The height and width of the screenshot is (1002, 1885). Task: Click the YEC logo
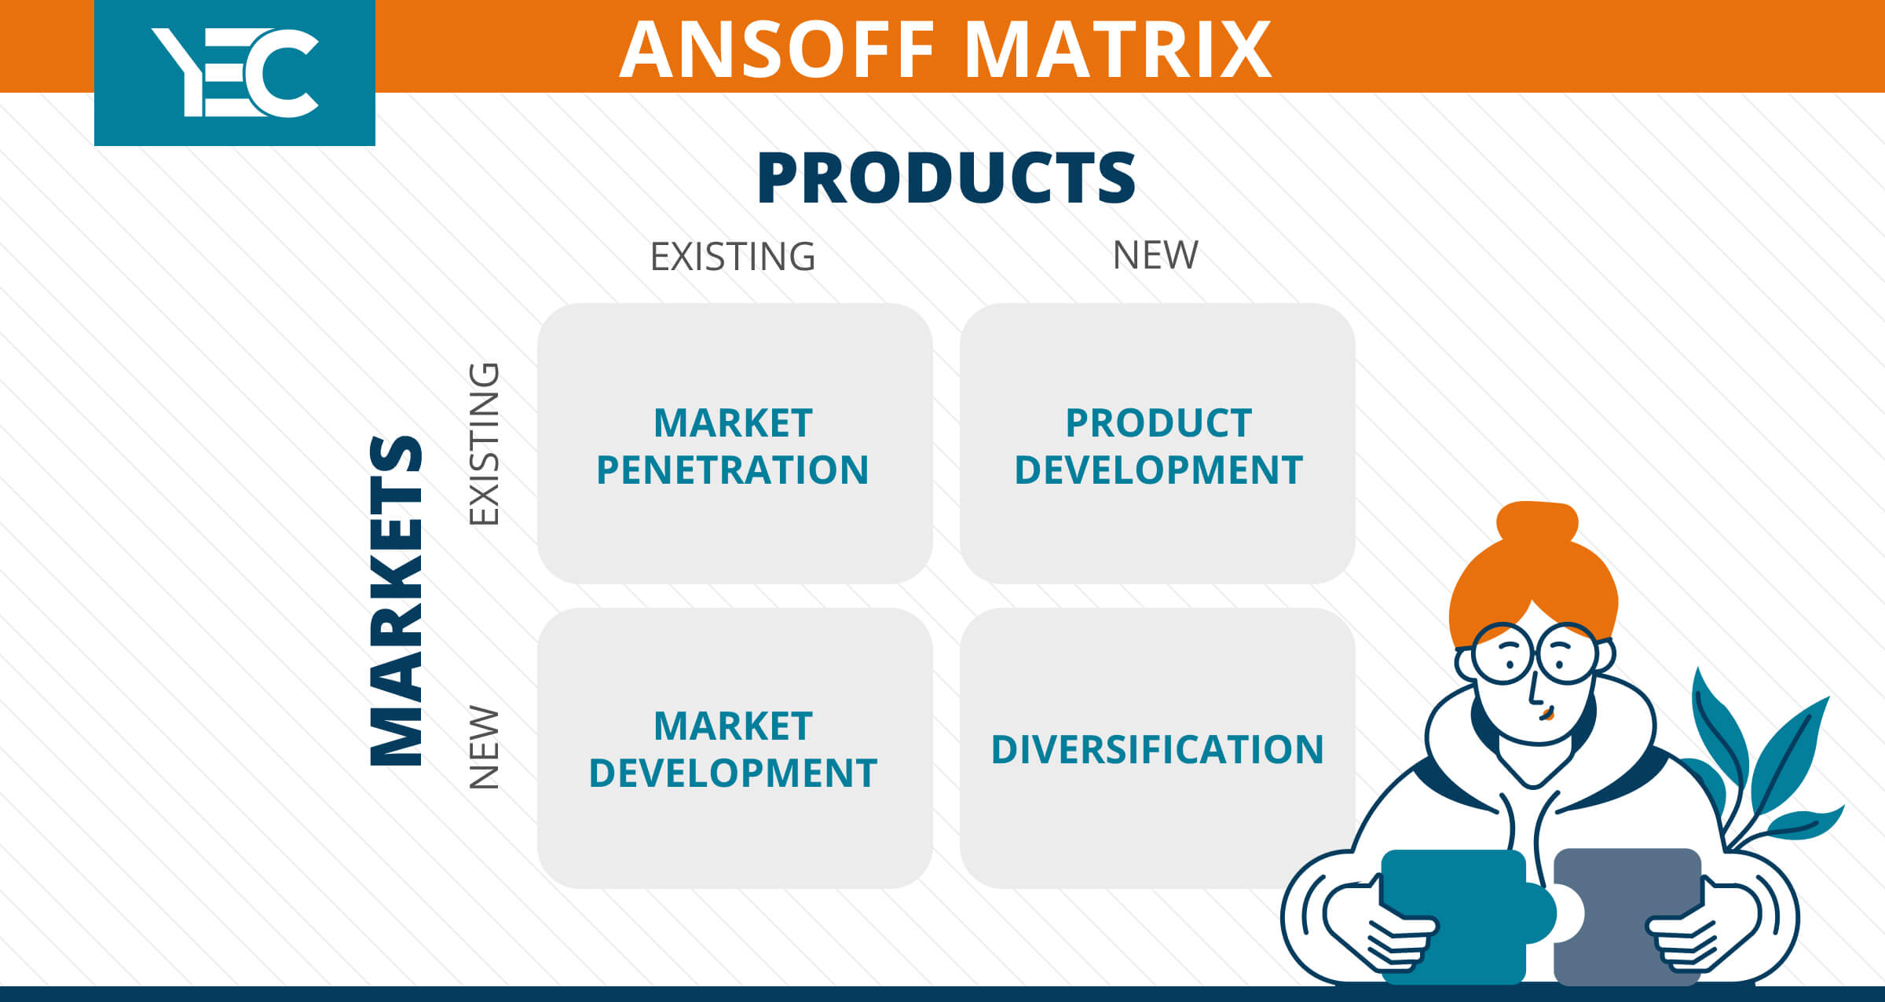coord(235,73)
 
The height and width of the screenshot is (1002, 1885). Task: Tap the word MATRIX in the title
coord(1118,49)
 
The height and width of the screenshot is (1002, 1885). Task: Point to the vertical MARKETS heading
coord(397,601)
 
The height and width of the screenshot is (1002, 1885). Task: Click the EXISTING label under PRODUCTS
coord(733,257)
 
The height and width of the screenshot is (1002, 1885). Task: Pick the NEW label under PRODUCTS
coord(1155,255)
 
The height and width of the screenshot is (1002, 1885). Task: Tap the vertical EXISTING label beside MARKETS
coord(484,444)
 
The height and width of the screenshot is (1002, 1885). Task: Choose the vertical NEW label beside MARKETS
coord(484,748)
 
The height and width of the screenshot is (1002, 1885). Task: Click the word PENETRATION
coord(733,470)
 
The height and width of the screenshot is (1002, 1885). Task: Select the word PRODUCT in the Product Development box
coord(1158,423)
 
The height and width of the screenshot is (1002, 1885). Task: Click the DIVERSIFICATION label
coord(1158,749)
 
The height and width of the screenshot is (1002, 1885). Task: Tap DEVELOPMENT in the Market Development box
coord(733,773)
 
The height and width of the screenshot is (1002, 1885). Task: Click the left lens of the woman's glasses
coord(1503,653)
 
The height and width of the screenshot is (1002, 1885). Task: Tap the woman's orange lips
coord(1547,714)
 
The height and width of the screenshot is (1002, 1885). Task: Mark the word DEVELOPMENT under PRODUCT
coord(1158,470)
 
